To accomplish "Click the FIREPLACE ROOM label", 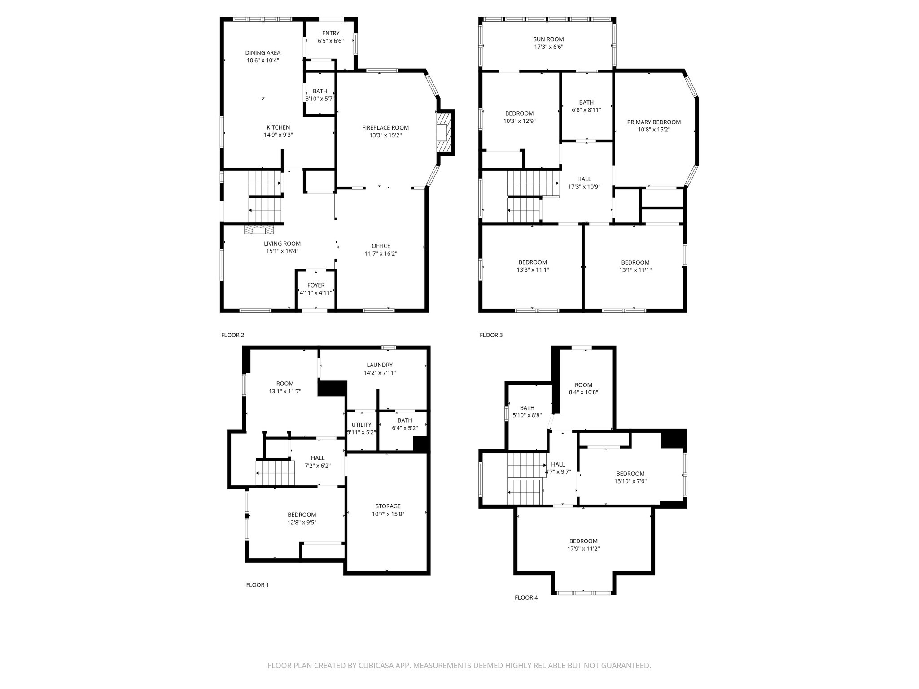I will click(x=385, y=128).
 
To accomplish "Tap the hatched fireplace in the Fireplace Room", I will click(x=443, y=132).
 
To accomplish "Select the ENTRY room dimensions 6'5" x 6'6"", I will click(x=331, y=41).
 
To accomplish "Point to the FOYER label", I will click(x=315, y=285).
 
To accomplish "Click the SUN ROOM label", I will click(x=548, y=39).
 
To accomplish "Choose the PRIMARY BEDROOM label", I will click(x=654, y=122).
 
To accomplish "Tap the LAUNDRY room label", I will click(x=379, y=365).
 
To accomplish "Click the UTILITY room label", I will click(x=361, y=425).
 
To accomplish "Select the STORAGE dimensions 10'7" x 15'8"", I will click(x=388, y=514).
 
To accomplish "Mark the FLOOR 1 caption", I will click(x=258, y=585).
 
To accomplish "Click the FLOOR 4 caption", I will click(x=526, y=597).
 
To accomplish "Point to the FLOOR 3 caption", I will click(x=491, y=335).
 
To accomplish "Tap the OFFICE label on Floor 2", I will click(x=381, y=246).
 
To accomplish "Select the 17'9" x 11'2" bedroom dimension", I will click(x=583, y=549).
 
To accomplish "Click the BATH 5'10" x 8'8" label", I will click(x=527, y=408).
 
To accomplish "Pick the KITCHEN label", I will click(x=278, y=127).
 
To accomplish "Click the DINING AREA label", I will click(x=263, y=53).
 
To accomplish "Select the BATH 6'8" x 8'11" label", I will click(x=586, y=102).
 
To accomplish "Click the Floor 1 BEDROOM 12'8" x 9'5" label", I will click(x=302, y=515).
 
